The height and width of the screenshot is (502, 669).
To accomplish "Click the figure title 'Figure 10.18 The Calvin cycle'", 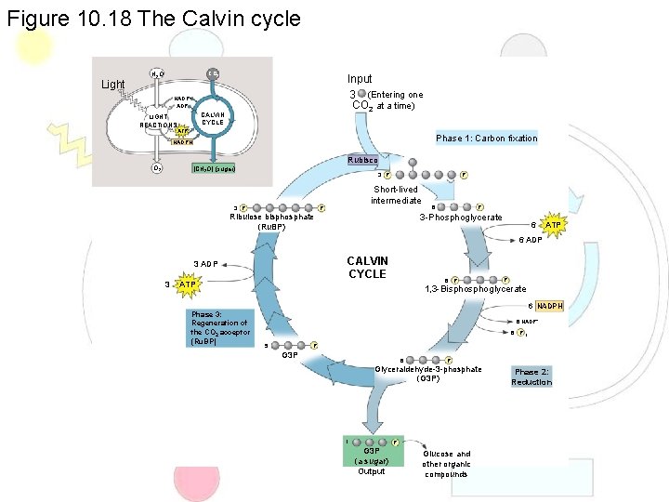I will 153,18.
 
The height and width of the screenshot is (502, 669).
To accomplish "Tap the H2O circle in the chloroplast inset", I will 158,73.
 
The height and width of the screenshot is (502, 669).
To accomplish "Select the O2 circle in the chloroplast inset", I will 158,168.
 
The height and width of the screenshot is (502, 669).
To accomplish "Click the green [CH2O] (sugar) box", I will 214,168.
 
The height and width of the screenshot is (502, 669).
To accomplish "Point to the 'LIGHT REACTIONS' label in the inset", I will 159,120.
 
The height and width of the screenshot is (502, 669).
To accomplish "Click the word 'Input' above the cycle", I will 360,79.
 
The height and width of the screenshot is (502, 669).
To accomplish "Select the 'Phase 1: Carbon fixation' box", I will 486,138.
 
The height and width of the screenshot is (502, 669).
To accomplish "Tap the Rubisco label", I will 362,160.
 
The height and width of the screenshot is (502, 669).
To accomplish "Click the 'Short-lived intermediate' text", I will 397,195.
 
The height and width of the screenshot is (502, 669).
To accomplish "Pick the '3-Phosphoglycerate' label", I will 461,218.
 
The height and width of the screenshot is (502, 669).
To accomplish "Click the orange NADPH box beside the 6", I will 550,306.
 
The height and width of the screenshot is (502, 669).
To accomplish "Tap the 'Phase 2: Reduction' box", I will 531,376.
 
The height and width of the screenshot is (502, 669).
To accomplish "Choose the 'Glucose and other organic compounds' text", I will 446,464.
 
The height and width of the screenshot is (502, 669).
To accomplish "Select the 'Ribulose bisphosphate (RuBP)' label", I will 271,222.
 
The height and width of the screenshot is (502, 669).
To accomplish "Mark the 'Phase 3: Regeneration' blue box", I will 218,328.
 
